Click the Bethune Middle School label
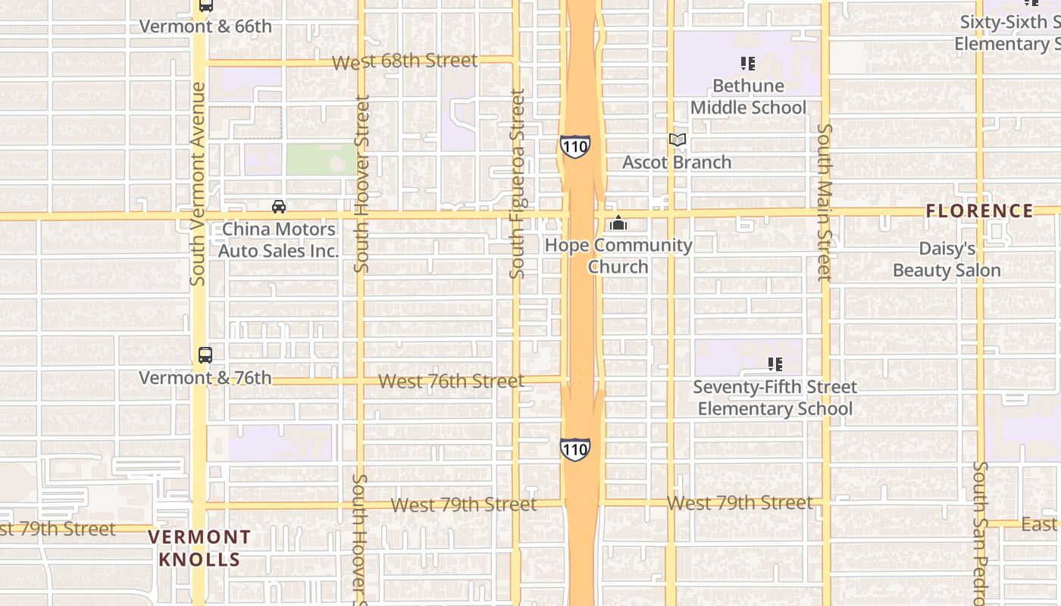click(748, 97)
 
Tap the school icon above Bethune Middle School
click(748, 64)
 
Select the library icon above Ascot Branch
click(678, 140)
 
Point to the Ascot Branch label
click(677, 162)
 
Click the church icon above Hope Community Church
click(618, 223)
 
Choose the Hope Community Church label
click(618, 256)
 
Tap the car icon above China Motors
click(279, 207)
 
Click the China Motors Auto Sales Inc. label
click(278, 239)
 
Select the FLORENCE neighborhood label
click(979, 211)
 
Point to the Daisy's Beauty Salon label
click(947, 260)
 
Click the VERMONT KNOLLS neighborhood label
click(199, 548)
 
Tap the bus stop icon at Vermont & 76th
click(205, 355)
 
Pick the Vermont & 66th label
click(205, 27)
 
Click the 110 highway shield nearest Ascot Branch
click(575, 146)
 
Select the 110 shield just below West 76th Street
click(575, 449)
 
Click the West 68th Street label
click(405, 61)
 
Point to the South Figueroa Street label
click(518, 184)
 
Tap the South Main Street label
click(825, 202)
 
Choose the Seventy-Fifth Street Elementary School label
click(775, 398)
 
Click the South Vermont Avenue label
click(199, 184)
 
